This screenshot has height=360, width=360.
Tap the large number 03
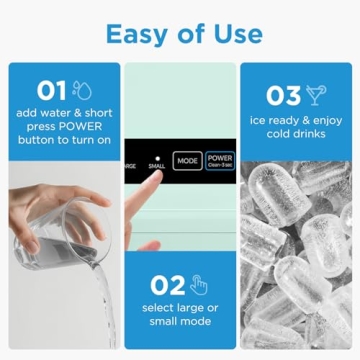pyautogui.click(x=284, y=96)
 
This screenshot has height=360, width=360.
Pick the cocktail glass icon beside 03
pyautogui.click(x=316, y=95)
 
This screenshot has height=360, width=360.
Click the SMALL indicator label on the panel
pyautogui.click(x=157, y=165)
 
